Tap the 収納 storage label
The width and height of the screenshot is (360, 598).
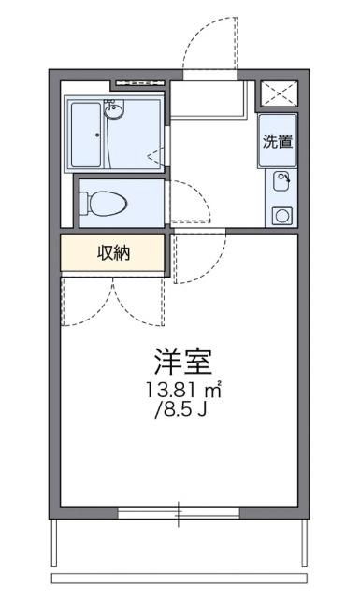(113, 251)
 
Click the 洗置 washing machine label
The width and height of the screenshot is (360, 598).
(277, 143)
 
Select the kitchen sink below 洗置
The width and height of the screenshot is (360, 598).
(281, 180)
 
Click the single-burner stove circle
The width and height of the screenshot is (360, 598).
(281, 215)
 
